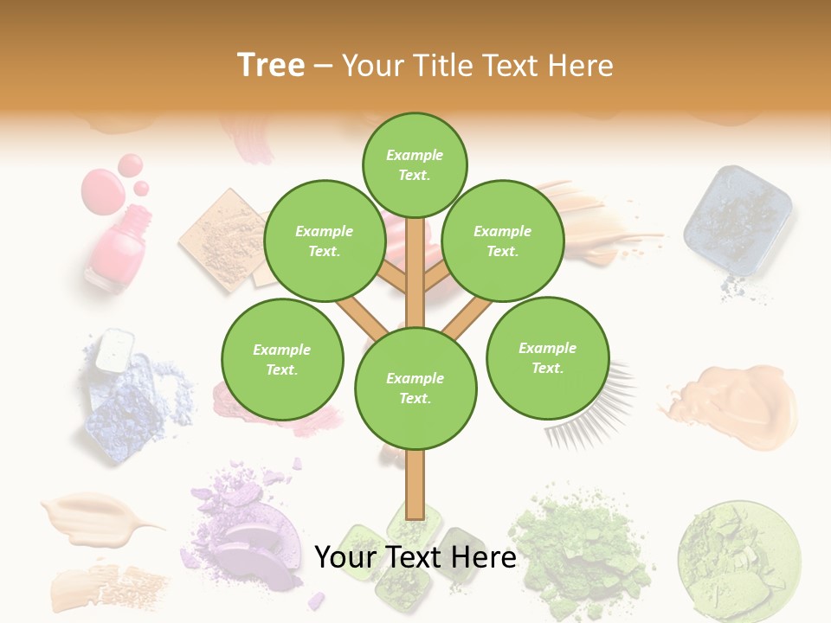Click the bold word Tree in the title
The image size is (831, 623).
pyautogui.click(x=271, y=66)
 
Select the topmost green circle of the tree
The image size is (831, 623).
pyautogui.click(x=415, y=164)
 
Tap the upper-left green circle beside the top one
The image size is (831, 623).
pyautogui.click(x=324, y=241)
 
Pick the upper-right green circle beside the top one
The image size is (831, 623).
pyautogui.click(x=502, y=241)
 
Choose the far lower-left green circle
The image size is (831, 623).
pyautogui.click(x=282, y=359)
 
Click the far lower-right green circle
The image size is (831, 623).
pyautogui.click(x=547, y=357)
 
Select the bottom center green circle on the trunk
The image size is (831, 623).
pyautogui.click(x=415, y=389)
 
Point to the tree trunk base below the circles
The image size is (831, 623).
pyautogui.click(x=415, y=489)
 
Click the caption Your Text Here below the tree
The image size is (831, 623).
pyautogui.click(x=415, y=557)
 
